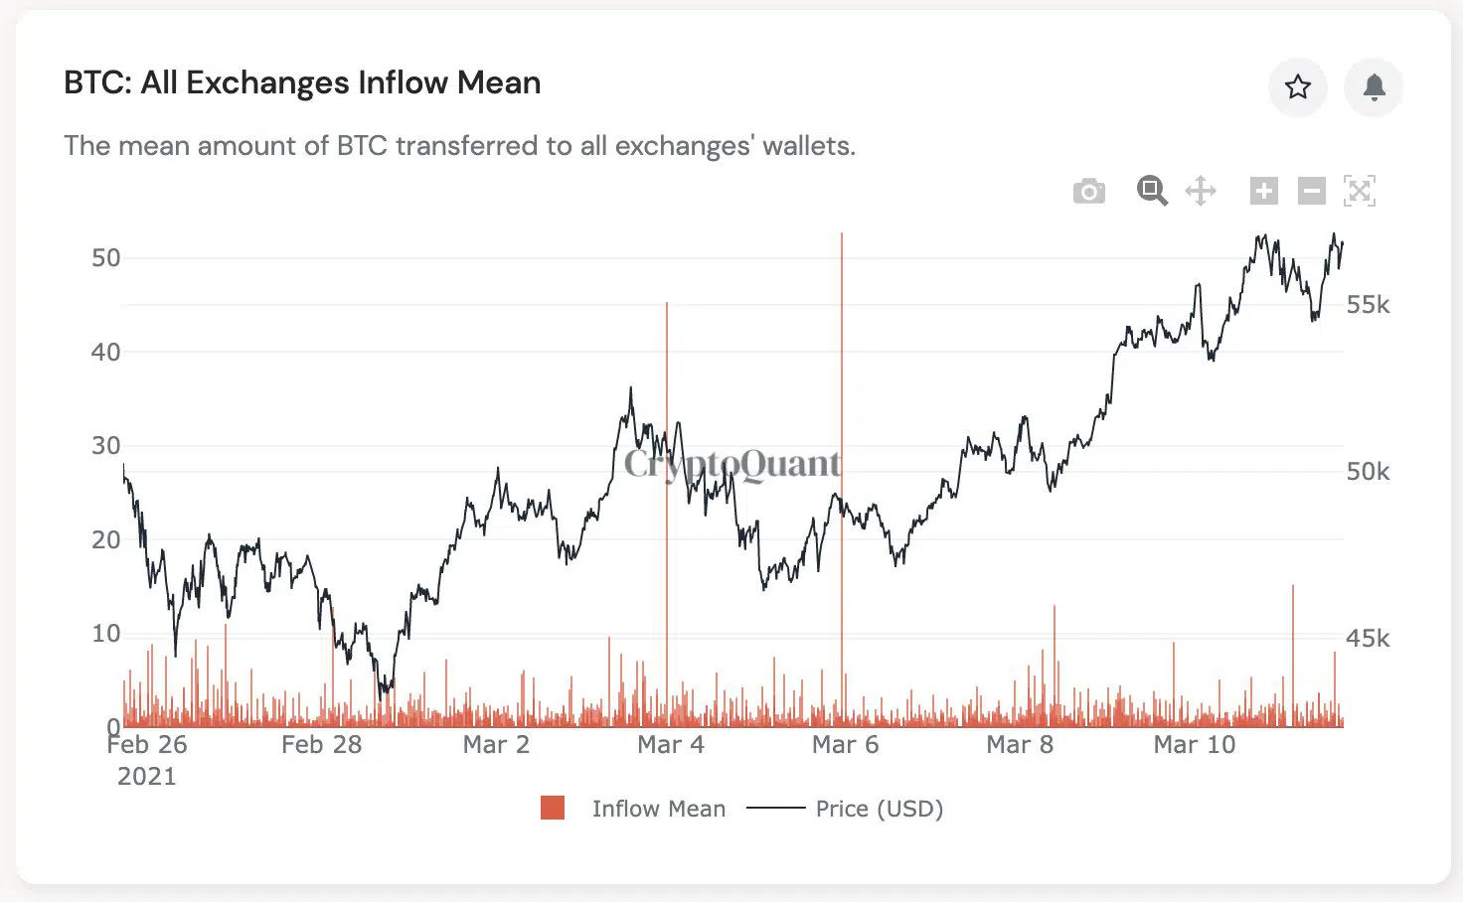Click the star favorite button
(x=1297, y=87)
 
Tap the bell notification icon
(x=1374, y=87)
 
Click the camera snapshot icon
(x=1089, y=191)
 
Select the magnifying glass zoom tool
(x=1152, y=191)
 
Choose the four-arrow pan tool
(x=1201, y=191)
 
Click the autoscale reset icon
(x=1359, y=191)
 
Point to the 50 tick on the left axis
(x=105, y=258)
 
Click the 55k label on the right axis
(x=1368, y=305)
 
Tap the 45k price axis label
(x=1368, y=639)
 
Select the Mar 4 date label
(x=670, y=745)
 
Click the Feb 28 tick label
(x=321, y=745)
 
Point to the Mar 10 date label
(x=1194, y=745)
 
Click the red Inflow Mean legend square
(x=553, y=808)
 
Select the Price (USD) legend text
(x=879, y=809)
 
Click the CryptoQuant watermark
(x=731, y=464)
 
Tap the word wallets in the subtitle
(x=807, y=146)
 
